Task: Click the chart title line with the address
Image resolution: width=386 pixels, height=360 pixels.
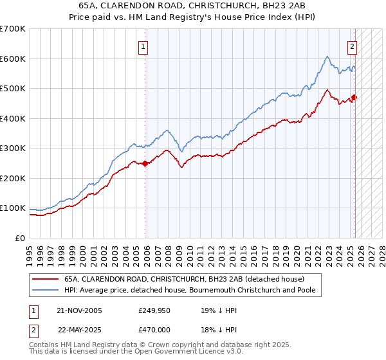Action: (x=194, y=6)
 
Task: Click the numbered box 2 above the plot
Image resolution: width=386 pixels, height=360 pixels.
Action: (x=353, y=46)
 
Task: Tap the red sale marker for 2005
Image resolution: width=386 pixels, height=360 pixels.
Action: (x=145, y=163)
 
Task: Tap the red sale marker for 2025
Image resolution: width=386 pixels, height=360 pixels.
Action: (x=355, y=98)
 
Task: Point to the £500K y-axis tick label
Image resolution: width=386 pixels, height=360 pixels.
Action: (x=12, y=88)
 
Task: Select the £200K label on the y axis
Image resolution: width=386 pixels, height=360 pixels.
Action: (x=12, y=178)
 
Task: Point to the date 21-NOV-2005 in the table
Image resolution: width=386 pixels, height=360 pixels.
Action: (x=80, y=310)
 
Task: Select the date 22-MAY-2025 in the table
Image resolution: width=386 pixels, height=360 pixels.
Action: (x=80, y=329)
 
